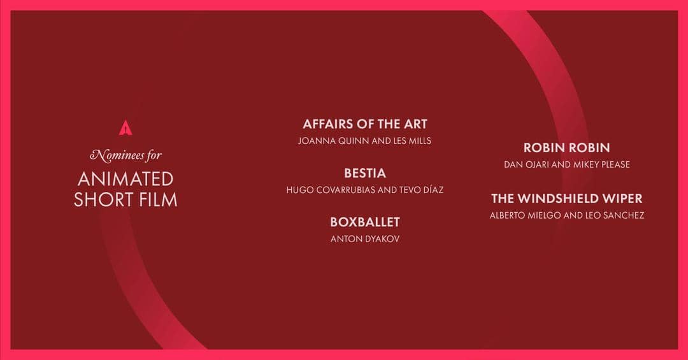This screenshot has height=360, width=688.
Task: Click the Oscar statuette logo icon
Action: (125, 128)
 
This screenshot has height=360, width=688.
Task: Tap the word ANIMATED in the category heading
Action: (125, 178)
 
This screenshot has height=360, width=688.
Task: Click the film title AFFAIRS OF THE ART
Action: (364, 124)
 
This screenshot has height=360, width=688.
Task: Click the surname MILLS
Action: (418, 141)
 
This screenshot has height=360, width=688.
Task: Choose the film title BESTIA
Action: (364, 173)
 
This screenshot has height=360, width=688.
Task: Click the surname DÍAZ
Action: (430, 190)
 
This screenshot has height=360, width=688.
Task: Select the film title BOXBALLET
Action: (364, 222)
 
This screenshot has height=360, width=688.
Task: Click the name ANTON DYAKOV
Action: (364, 239)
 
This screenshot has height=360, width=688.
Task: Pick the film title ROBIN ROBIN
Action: (566, 148)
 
